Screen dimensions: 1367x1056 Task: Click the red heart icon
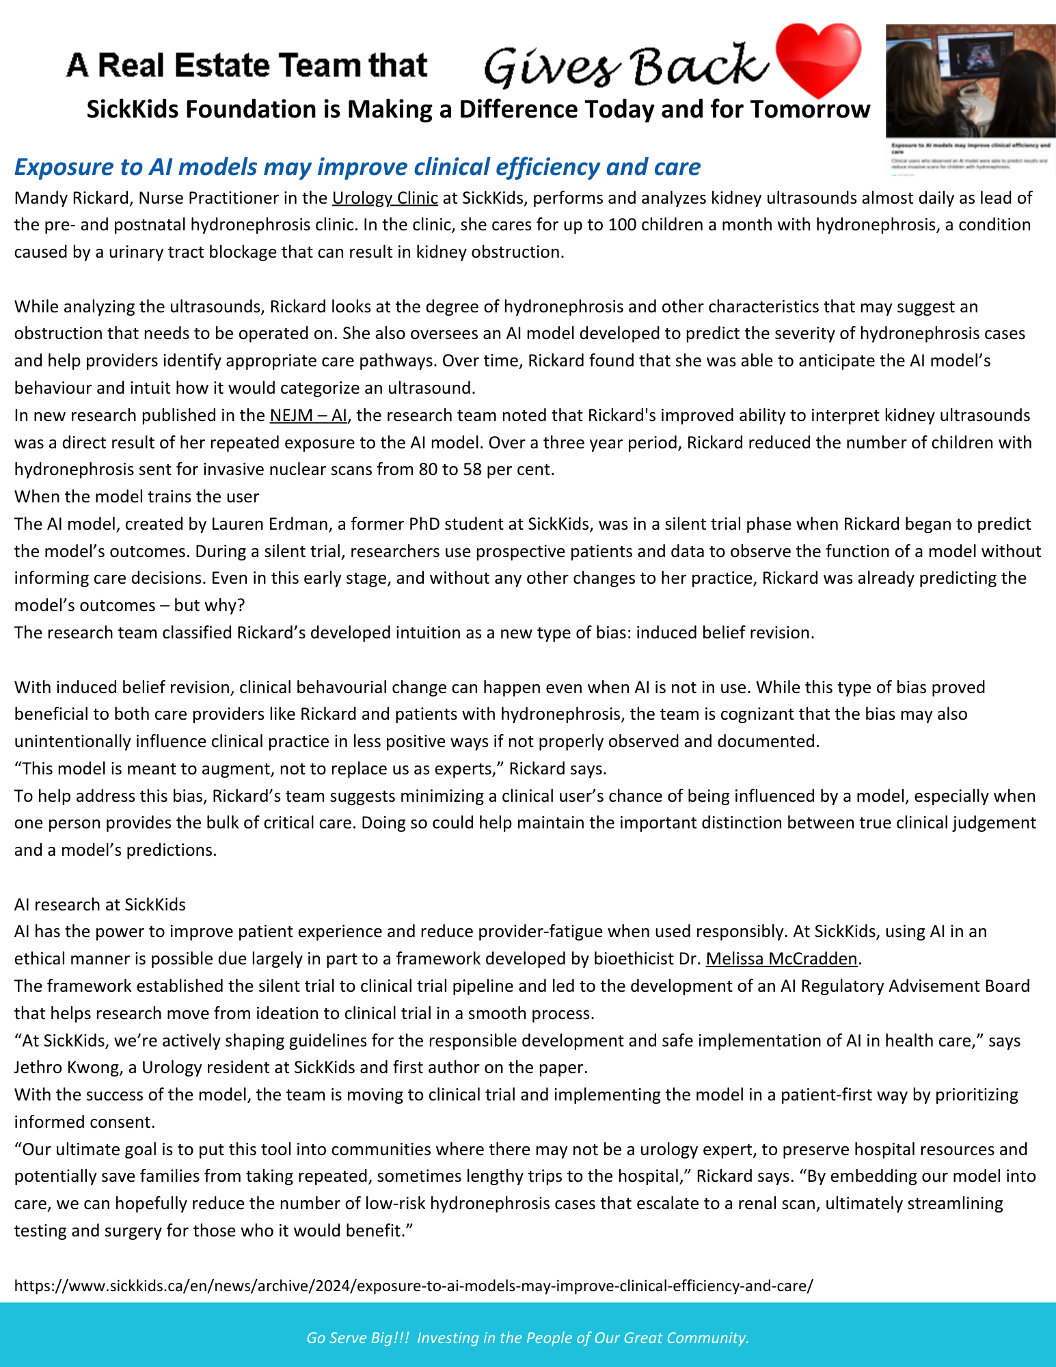click(x=817, y=60)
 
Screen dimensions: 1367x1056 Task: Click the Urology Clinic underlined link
click(x=385, y=198)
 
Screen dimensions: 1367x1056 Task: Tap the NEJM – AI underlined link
click(x=308, y=416)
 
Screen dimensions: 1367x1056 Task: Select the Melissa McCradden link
click(x=781, y=959)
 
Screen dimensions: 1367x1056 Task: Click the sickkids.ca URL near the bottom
click(x=414, y=1286)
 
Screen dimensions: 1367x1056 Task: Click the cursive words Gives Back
click(x=625, y=66)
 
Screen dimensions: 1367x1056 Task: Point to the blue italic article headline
click(x=357, y=167)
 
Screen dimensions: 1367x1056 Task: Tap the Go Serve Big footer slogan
click(x=528, y=1338)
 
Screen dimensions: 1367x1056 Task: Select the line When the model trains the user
click(x=137, y=497)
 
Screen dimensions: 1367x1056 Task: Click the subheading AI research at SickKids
click(x=100, y=905)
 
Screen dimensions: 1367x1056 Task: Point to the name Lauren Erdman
click(x=260, y=524)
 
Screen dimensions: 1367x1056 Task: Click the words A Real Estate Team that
click(x=246, y=66)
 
